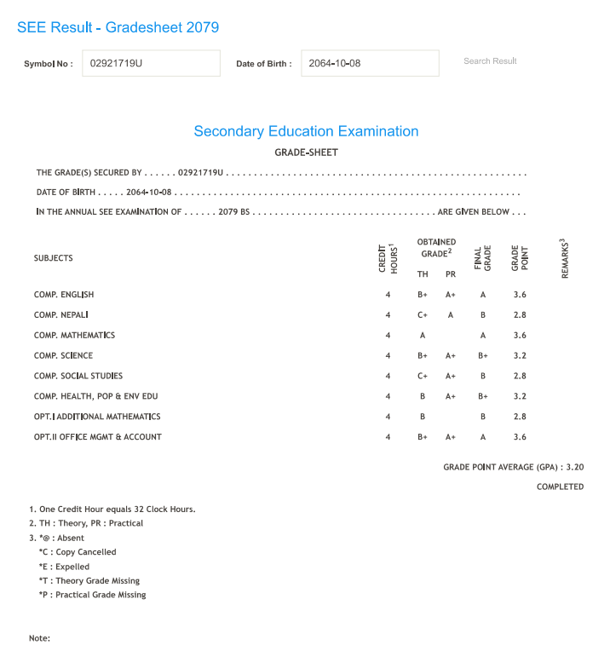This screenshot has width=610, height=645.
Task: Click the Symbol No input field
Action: point(151,63)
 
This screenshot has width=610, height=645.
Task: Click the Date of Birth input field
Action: point(370,63)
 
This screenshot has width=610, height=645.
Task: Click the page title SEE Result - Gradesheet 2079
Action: point(118,27)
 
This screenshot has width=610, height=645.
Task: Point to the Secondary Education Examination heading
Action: point(306,131)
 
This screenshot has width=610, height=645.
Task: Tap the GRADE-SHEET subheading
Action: point(306,153)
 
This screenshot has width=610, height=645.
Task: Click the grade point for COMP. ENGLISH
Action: point(520,295)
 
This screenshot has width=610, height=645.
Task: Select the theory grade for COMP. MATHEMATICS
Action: point(422,336)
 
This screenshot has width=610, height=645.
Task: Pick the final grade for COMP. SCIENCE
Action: point(483,356)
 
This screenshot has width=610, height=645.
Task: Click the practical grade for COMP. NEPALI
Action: point(451,315)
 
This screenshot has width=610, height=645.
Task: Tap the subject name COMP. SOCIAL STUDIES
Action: point(78,376)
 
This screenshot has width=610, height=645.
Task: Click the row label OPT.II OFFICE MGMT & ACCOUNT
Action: point(98,437)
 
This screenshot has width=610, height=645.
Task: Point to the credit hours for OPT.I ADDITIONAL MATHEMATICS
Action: point(388,417)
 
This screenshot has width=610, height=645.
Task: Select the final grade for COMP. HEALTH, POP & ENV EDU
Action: point(483,396)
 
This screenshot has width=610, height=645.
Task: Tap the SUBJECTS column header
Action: point(54,258)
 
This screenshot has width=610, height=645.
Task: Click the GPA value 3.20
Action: point(575,467)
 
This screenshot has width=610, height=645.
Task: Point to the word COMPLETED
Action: point(560,487)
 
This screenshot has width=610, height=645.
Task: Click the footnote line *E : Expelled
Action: point(64,567)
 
